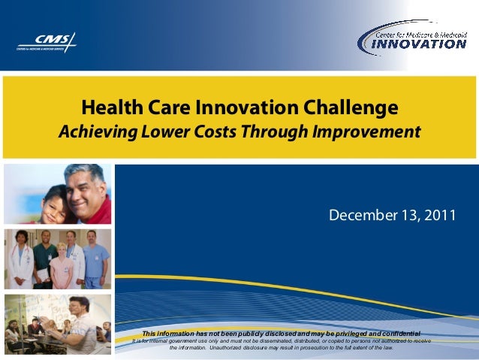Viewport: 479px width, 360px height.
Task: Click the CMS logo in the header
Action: tap(47, 42)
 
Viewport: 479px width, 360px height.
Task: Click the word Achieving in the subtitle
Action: tap(95, 132)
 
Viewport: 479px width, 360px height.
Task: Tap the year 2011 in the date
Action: tap(441, 216)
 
